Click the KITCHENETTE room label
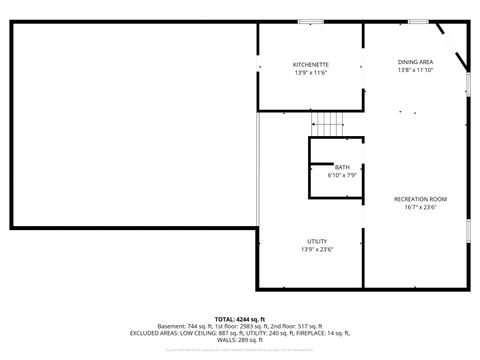[311, 64]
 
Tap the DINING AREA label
[415, 62]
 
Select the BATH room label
[342, 167]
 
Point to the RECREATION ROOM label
[420, 199]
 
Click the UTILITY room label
[316, 241]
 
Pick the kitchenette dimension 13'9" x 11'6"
[311, 73]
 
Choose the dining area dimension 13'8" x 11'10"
[415, 71]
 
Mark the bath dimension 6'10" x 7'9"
[342, 175]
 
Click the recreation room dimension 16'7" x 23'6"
[420, 208]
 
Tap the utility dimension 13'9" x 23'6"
[316, 250]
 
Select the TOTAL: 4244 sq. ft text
[239, 318]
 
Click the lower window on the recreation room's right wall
[468, 230]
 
